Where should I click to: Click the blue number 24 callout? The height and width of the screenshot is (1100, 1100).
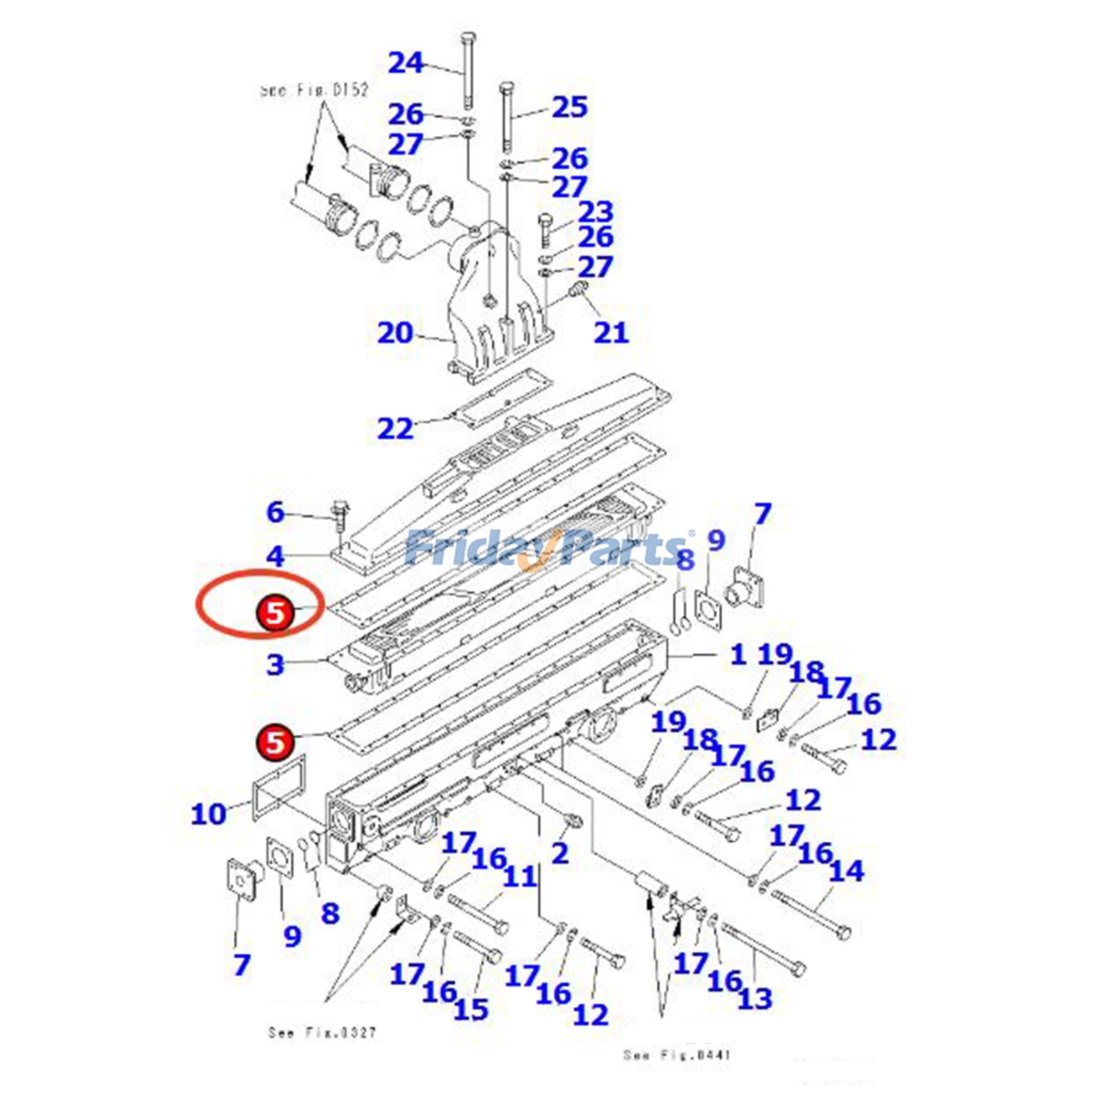coord(406,63)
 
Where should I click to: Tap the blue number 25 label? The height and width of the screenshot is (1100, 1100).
coord(569,107)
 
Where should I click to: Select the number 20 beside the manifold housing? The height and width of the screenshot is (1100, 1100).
coord(395,333)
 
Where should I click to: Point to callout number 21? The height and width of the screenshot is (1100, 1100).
coord(611,333)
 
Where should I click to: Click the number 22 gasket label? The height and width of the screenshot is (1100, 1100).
coord(395,429)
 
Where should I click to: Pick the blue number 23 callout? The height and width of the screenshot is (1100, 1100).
coord(595,212)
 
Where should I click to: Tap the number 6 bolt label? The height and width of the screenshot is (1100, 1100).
coord(275,512)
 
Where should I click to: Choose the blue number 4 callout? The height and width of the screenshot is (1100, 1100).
coord(275,556)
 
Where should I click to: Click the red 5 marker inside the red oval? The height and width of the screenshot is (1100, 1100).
coord(275,613)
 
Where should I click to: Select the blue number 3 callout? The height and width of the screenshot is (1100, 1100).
coord(275,665)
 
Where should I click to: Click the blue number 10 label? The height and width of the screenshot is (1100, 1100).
coord(208,815)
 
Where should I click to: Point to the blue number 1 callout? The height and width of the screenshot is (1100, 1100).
coord(738,654)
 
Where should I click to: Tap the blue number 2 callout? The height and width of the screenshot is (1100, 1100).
coord(560,854)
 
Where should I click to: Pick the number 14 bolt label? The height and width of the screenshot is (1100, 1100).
coord(846,871)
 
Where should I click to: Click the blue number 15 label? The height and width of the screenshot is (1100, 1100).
coord(471,1009)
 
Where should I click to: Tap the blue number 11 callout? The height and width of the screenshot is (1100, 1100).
coord(519,877)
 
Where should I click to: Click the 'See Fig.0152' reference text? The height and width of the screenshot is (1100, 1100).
coord(315,90)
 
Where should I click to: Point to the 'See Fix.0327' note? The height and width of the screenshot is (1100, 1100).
coord(322,1033)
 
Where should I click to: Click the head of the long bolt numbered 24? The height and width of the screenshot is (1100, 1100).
coord(467,37)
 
